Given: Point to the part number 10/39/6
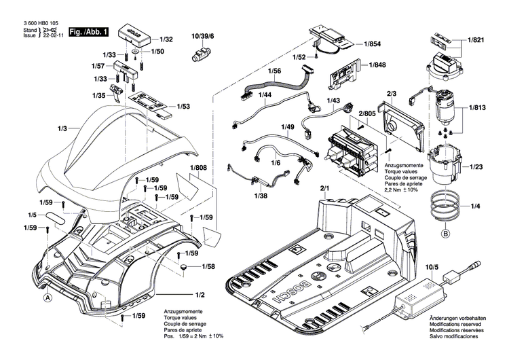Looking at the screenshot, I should pyautogui.click(x=202, y=35).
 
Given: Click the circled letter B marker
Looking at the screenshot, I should pyautogui.click(x=445, y=235).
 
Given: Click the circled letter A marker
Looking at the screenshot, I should pyautogui.click(x=48, y=298).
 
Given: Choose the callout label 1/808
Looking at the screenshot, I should pyautogui.click(x=198, y=168).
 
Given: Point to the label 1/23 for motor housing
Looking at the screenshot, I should pyautogui.click(x=475, y=166).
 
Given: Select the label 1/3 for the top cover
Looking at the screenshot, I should pyautogui.click(x=62, y=128).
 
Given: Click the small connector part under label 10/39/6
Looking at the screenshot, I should pyautogui.click(x=201, y=55).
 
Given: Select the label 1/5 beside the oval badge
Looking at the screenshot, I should pyautogui.click(x=33, y=215).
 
